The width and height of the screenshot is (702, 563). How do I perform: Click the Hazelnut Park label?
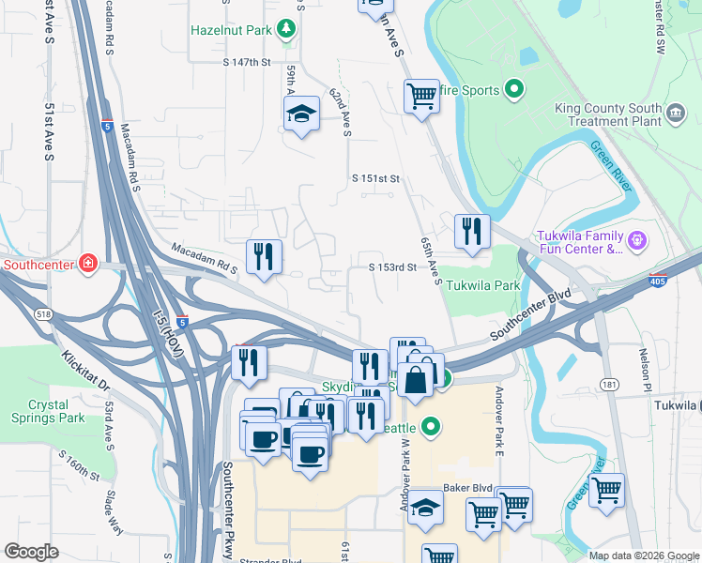pos(231,30)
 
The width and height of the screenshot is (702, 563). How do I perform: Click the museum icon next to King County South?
pos(675,115)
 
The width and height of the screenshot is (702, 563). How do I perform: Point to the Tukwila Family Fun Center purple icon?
pos(637,240)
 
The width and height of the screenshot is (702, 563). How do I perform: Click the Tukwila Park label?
pos(481,285)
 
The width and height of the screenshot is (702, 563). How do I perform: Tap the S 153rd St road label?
pos(392,266)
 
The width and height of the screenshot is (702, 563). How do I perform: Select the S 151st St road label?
pos(376,178)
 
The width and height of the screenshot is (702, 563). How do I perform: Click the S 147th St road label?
pos(247,62)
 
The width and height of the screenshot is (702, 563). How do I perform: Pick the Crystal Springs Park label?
pos(35,411)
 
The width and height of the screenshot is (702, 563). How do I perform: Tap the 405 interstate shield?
pos(659,280)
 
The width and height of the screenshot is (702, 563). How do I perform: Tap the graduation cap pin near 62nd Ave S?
pos(301,114)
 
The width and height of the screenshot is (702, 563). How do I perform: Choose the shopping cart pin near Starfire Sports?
pos(421,95)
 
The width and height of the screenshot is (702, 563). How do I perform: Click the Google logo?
pos(32,551)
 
